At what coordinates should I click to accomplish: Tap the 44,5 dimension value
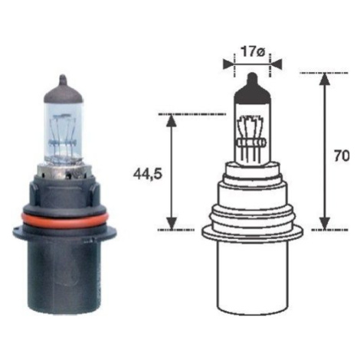pos(148,174)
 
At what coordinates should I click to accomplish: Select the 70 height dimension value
pos(342,156)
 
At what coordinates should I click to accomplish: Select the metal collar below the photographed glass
pos(64,172)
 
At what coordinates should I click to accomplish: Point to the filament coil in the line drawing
pos(251,143)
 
